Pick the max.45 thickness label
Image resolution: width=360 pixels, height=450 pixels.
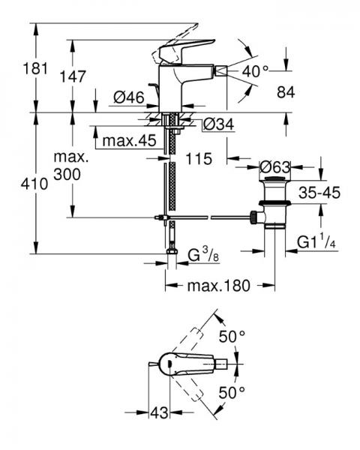coord(128,141)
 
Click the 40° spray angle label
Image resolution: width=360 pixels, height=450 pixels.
coord(254,71)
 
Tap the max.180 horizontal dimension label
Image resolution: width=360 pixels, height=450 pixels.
coord(218,286)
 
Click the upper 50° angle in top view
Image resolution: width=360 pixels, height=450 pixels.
coord(232,337)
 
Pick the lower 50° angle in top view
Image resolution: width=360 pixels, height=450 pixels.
coord(232,391)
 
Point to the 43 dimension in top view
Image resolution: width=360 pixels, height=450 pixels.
coord(159,412)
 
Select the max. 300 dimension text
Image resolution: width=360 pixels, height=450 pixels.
coord(71,166)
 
